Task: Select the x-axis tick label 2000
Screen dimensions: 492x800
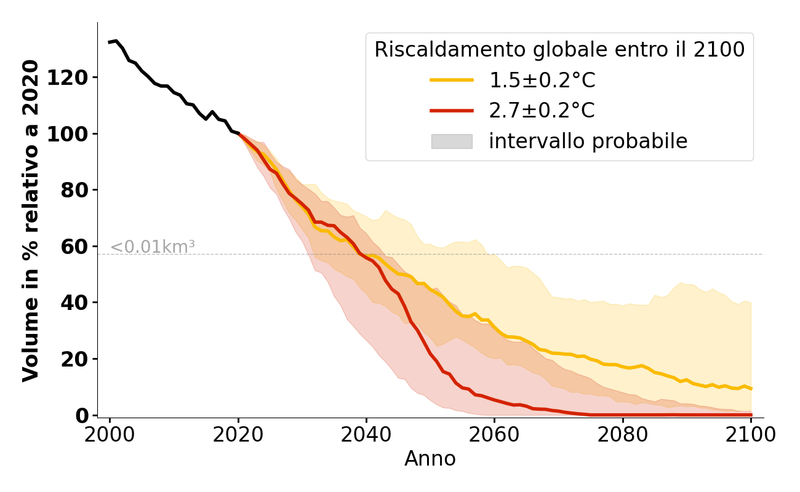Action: (x=110, y=434)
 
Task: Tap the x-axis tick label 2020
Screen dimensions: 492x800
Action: (x=238, y=434)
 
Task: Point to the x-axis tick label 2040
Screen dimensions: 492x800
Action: (x=366, y=434)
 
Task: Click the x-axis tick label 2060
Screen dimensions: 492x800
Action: (x=495, y=434)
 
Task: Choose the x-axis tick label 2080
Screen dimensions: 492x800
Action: (x=623, y=434)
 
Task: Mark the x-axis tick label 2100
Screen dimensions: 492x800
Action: (x=751, y=434)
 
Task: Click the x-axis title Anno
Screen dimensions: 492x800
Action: (x=430, y=459)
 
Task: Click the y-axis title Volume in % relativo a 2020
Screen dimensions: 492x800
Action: (x=31, y=220)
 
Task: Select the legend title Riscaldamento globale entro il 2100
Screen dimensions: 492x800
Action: (x=559, y=50)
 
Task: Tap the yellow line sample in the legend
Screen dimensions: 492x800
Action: (x=452, y=80)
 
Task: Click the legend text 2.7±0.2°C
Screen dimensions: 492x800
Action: (x=542, y=111)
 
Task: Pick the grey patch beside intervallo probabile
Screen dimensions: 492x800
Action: (x=452, y=141)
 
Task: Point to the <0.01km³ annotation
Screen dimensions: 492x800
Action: (x=153, y=247)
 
